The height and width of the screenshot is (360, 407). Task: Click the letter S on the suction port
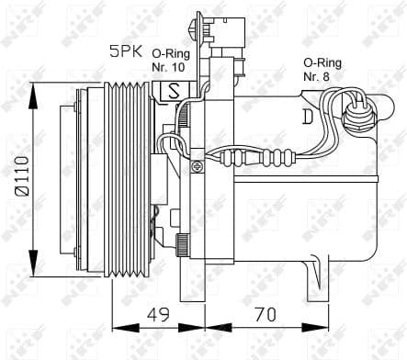coord(173,91)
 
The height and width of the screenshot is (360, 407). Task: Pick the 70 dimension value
coord(266,315)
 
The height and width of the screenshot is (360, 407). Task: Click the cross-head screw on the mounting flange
coord(198,166)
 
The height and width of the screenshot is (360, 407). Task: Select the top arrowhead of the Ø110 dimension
coord(34,84)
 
